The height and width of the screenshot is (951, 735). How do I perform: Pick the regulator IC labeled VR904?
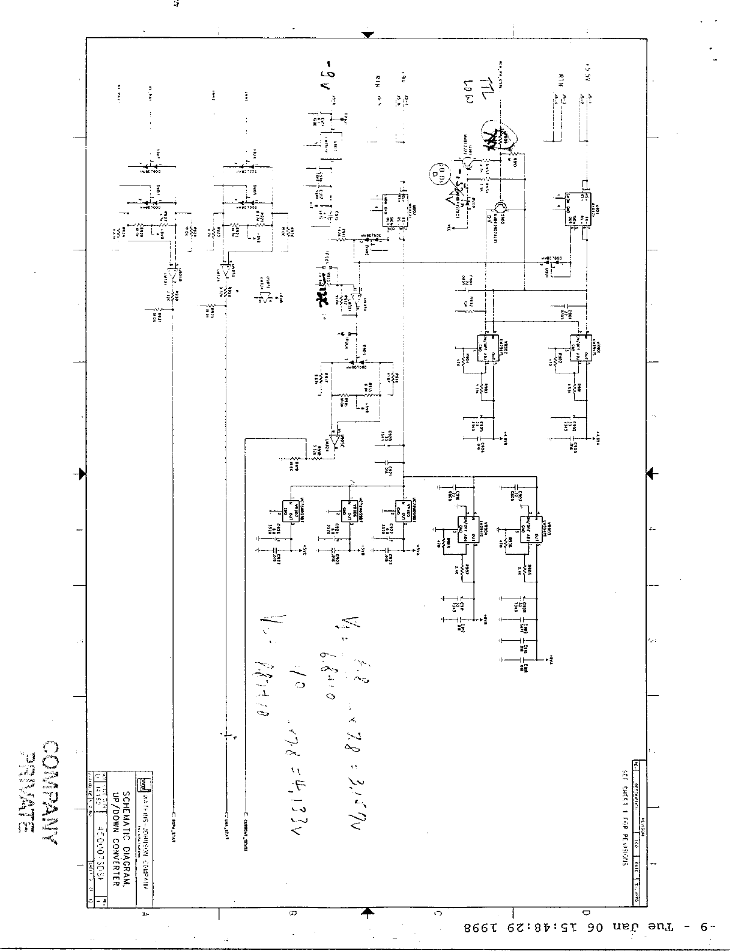point(467,527)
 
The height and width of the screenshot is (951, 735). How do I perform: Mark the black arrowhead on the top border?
point(367,34)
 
